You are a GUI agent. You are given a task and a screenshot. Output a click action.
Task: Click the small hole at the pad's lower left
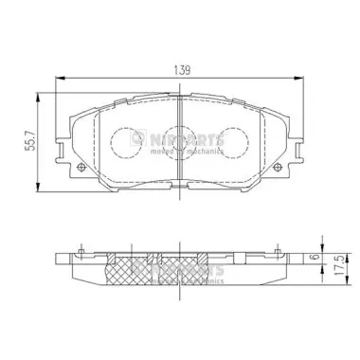(82, 171)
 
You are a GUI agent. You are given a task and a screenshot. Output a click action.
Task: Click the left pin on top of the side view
(81, 253)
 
